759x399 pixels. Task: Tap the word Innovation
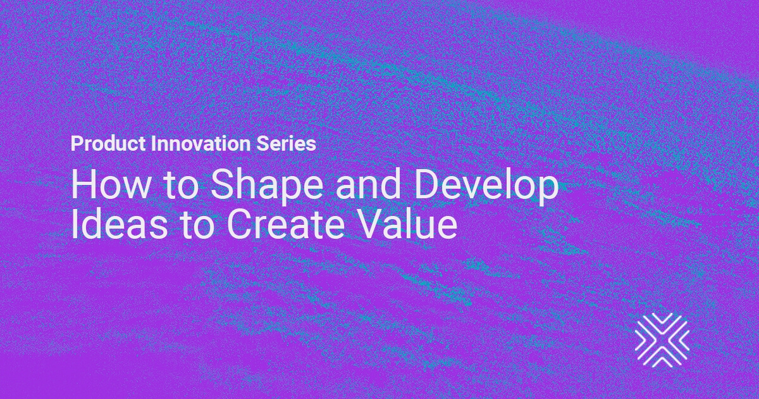coord(201,144)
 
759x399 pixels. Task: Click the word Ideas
coord(120,224)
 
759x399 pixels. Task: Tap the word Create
coord(286,224)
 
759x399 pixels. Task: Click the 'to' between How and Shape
coord(180,186)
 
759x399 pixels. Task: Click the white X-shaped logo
coord(662,340)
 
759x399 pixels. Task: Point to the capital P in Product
coord(77,144)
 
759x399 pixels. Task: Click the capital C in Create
coord(238,224)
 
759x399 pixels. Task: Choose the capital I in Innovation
coord(153,144)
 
